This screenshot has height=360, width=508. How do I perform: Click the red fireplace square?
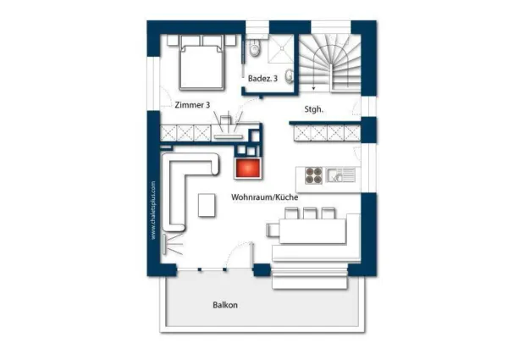tap(248, 168)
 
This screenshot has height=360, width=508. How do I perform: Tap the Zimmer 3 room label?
tap(192, 105)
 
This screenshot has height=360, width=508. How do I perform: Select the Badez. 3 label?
tap(262, 79)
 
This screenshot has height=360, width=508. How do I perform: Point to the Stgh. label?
tap(313, 109)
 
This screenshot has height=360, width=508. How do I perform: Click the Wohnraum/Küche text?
tap(265, 197)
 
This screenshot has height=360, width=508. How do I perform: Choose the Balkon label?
tap(225, 305)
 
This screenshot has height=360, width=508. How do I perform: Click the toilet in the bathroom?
tap(255, 48)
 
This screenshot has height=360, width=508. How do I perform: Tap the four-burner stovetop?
tap(313, 175)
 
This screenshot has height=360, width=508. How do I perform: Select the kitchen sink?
tap(341, 175)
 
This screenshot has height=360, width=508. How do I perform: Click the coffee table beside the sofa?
tap(207, 205)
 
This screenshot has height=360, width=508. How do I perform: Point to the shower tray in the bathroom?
tap(280, 48)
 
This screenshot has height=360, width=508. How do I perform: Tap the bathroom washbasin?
tap(289, 76)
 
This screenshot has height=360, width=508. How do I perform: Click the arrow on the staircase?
tap(313, 88)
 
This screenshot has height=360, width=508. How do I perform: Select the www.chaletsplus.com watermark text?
tap(153, 210)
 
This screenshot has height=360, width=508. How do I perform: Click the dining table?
tap(312, 230)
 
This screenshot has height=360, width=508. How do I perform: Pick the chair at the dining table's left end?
tap(273, 230)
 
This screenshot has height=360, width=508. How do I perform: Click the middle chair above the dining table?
tap(309, 213)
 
